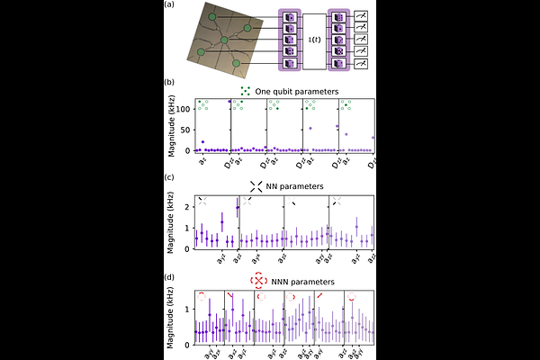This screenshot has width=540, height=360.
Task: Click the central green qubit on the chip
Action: pyautogui.click(x=225, y=40)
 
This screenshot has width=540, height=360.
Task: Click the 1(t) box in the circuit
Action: pyautogui.click(x=313, y=40)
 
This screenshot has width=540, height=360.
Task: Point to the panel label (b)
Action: pyautogui.click(x=169, y=82)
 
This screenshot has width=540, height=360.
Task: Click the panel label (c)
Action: pyautogui.click(x=169, y=176)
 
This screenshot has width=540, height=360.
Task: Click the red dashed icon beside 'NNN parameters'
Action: pyautogui.click(x=258, y=281)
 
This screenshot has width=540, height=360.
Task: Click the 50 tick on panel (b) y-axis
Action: pyautogui.click(x=189, y=129)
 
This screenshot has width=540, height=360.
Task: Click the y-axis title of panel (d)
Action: pyautogui.click(x=171, y=319)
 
